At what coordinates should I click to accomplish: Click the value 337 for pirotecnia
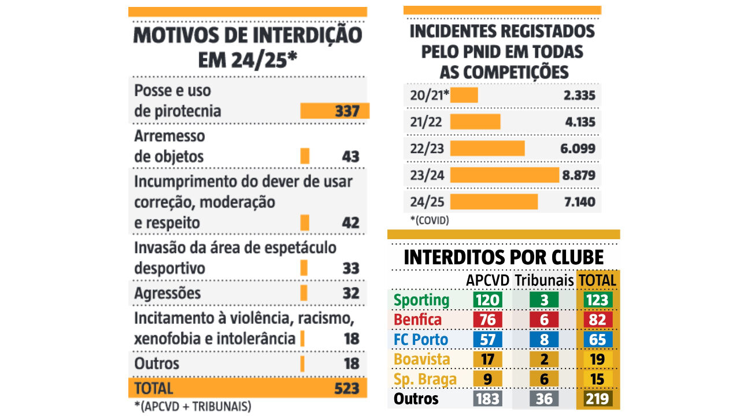click(x=347, y=111)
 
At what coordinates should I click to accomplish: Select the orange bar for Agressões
click(x=304, y=293)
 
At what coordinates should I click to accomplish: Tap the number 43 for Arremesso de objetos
click(x=350, y=157)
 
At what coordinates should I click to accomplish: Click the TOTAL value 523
click(x=347, y=388)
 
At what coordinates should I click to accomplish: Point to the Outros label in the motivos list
click(x=157, y=363)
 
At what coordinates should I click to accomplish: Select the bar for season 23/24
click(x=504, y=174)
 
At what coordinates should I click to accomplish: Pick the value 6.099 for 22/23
click(x=578, y=148)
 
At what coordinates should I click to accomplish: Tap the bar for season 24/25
click(x=494, y=202)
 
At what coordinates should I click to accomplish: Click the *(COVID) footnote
click(x=429, y=220)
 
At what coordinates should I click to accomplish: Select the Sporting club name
click(x=421, y=300)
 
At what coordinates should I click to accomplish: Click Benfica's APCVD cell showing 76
click(x=487, y=320)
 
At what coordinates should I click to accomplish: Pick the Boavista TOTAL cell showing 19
click(x=598, y=359)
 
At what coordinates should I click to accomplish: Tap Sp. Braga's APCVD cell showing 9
click(x=487, y=379)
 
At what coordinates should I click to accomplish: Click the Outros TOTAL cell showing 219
click(x=598, y=399)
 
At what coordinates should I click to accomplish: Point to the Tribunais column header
click(x=543, y=280)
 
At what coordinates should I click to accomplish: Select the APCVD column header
click(x=488, y=280)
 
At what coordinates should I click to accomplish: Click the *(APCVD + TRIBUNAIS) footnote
click(x=193, y=407)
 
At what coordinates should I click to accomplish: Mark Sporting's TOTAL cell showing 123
click(x=598, y=300)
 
